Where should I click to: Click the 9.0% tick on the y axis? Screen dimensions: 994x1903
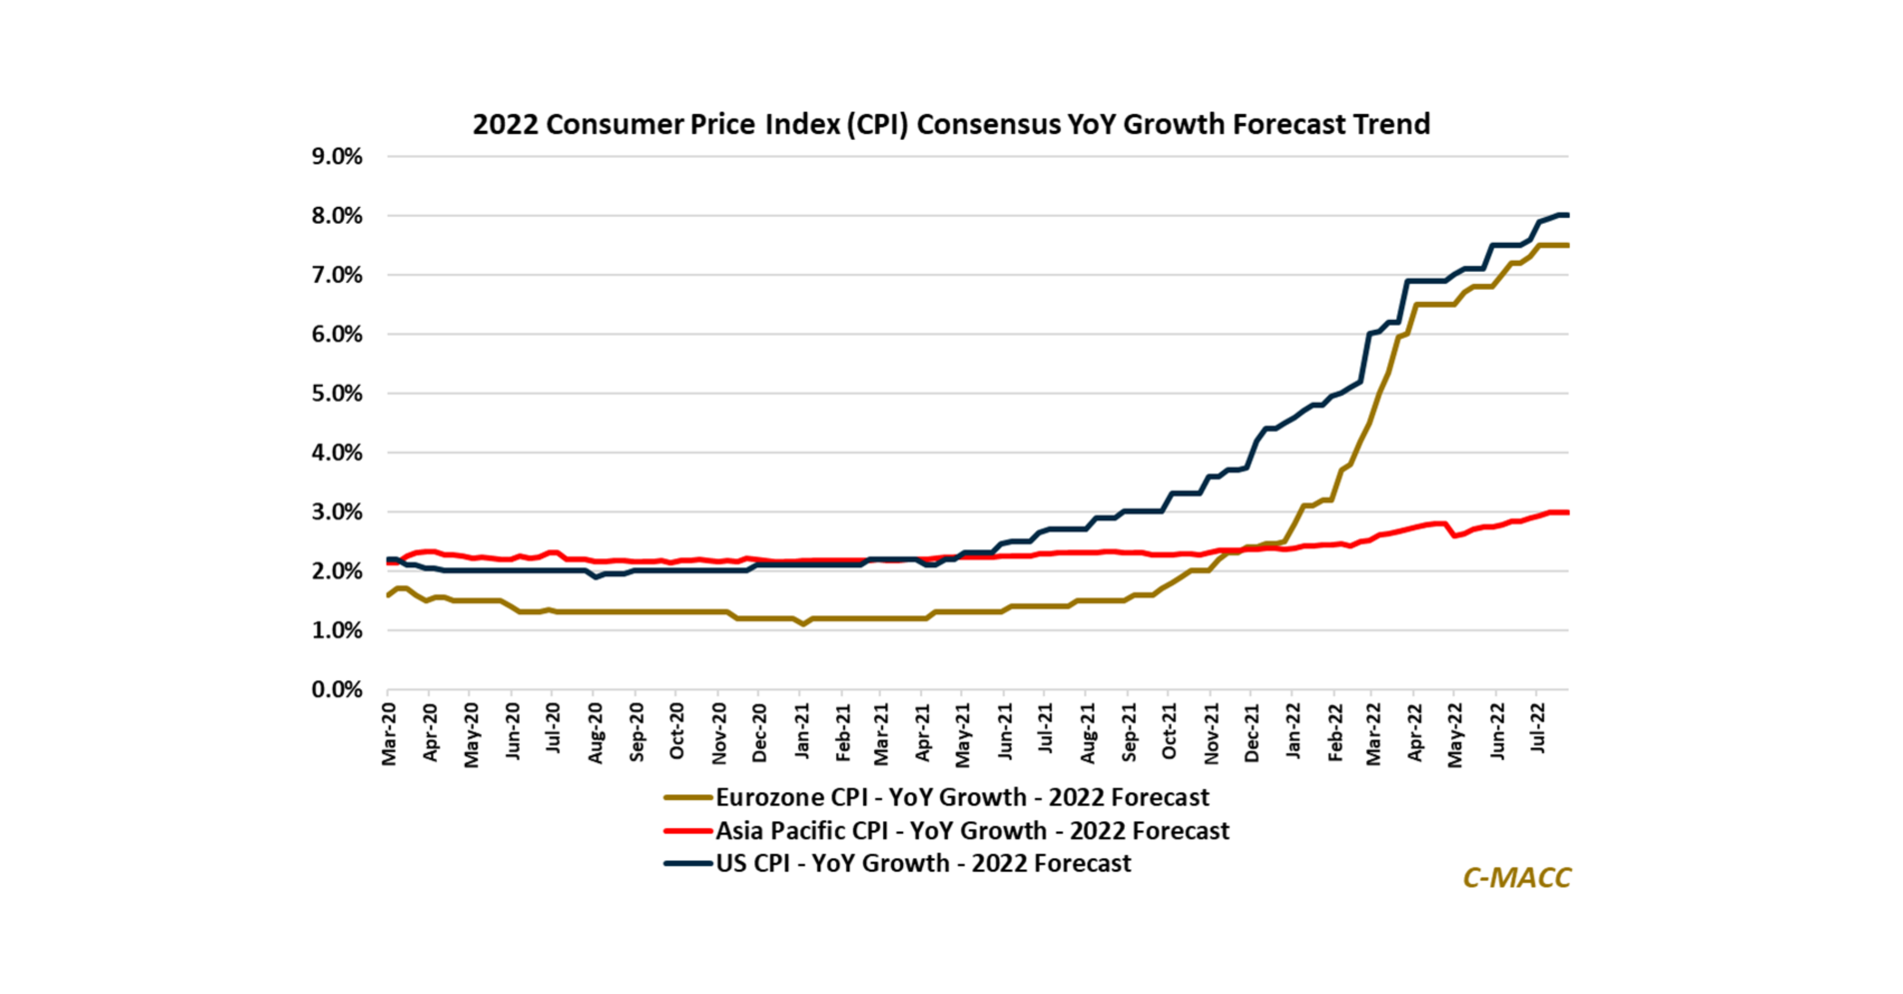337,156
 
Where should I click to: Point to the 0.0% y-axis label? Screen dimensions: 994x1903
337,690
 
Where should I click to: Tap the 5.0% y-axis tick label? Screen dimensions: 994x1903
337,394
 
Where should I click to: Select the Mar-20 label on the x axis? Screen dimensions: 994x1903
389,734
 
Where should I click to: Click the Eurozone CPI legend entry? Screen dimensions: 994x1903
962,797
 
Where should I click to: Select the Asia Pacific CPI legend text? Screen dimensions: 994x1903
972,831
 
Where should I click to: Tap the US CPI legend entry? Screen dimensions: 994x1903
923,863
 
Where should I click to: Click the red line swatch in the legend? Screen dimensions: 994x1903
688,831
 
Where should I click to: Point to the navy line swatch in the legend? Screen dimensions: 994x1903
688,863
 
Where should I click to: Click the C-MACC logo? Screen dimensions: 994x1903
1517,877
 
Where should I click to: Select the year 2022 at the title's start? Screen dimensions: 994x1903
505,124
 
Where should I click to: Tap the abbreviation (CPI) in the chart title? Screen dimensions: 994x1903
877,124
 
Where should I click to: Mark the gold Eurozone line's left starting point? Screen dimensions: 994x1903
389,595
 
